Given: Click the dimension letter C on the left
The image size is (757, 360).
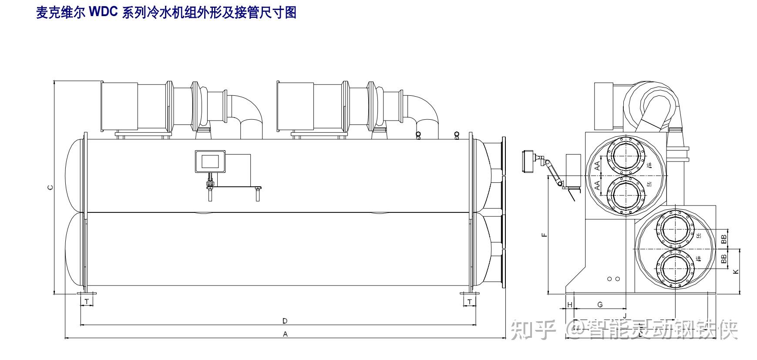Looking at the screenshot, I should click(50, 188).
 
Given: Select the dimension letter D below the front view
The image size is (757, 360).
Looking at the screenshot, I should click(285, 321).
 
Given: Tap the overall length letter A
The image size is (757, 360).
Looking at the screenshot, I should click(285, 334).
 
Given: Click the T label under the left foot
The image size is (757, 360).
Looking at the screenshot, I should click(87, 301).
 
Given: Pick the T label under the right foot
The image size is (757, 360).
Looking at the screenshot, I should click(470, 301).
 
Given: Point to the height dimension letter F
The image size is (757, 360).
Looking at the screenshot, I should click(544, 235).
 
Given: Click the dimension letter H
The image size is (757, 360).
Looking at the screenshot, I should click(570, 305).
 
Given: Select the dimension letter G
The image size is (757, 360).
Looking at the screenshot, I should click(600, 305).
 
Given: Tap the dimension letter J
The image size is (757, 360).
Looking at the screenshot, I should click(625, 315).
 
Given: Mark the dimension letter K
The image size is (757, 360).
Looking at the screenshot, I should click(736, 272).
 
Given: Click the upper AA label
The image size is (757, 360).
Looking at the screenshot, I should click(598, 165).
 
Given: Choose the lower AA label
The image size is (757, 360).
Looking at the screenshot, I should click(598, 185).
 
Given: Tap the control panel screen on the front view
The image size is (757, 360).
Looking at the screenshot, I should click(209, 161).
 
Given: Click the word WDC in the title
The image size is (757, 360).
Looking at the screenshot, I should click(103, 13).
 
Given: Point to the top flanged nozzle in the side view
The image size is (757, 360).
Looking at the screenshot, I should click(626, 155).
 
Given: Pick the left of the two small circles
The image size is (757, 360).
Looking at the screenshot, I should click(610, 279).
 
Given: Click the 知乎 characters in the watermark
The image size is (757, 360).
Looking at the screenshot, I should click(534, 330).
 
